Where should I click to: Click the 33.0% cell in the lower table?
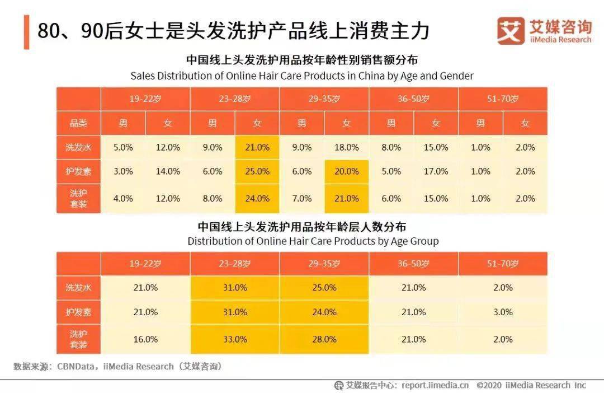[235, 339]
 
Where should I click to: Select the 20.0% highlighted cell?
[346, 172]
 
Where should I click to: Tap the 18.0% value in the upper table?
[346, 148]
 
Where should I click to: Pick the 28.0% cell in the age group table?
[324, 339]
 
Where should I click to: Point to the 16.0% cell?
[145, 339]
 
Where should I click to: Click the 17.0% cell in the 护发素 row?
[436, 172]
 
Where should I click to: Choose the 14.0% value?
[168, 172]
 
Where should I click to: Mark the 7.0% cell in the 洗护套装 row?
[301, 199]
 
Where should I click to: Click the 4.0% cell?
[123, 199]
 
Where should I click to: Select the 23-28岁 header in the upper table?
[235, 99]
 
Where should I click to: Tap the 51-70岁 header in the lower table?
[502, 264]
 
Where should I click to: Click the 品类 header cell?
[78, 123]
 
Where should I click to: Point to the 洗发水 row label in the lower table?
[78, 288]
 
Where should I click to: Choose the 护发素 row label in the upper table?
[78, 172]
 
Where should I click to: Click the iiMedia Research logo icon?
[511, 30]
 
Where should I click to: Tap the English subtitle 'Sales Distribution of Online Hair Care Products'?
[301, 76]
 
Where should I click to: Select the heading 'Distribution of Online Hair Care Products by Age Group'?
[313, 241]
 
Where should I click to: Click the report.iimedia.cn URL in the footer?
[435, 385]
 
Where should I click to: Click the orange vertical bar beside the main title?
[26, 32]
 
